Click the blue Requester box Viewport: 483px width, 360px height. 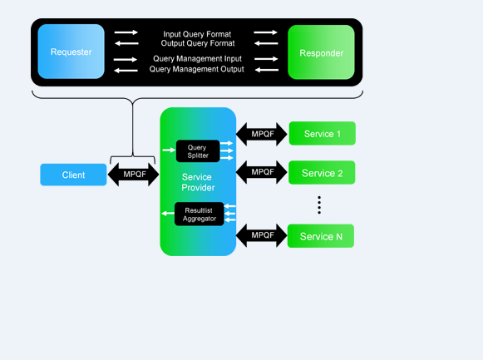point(71,52)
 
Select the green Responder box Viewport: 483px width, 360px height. point(321,52)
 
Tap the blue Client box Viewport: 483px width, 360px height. point(73,175)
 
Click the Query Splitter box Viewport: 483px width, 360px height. point(198,151)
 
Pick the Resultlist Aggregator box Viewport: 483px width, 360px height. point(199,214)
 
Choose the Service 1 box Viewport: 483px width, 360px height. point(323,133)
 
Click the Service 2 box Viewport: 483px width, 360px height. point(322,172)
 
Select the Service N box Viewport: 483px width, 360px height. point(321,236)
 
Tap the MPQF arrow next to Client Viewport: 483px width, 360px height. point(133,175)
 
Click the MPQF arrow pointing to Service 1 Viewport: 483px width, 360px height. point(262,134)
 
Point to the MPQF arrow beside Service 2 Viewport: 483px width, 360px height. point(262,172)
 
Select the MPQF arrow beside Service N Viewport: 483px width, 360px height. point(262,235)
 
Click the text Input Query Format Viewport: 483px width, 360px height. point(197,34)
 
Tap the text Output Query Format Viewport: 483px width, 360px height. point(198,43)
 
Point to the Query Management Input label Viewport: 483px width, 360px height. point(198,59)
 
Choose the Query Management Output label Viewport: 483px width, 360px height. point(196,69)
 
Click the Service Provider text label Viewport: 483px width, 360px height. point(198,182)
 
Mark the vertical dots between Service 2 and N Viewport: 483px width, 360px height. point(319,205)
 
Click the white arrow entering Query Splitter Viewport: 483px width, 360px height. point(169,150)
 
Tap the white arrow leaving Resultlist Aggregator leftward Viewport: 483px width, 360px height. point(168,213)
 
